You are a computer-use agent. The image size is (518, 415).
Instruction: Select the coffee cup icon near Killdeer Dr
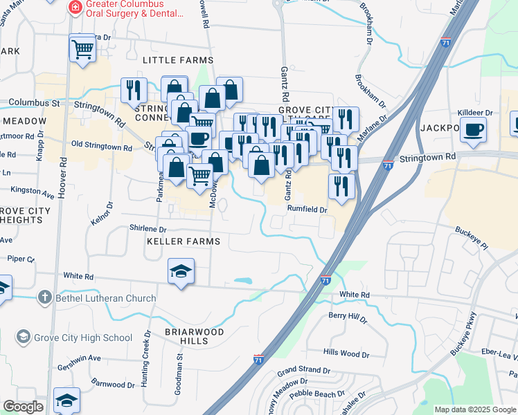click(x=473, y=129)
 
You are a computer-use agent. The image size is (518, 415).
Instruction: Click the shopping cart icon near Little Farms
click(x=82, y=48)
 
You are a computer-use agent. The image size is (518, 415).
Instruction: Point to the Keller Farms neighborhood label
click(x=183, y=241)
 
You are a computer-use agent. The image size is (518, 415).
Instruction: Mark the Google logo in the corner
click(x=23, y=407)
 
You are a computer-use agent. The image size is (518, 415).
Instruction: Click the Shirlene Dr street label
click(x=148, y=229)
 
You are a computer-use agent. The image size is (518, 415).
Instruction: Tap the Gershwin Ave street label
click(x=79, y=360)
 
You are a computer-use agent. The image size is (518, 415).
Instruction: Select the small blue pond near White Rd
click(x=243, y=281)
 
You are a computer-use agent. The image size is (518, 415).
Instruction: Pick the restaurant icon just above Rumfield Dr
click(x=341, y=186)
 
